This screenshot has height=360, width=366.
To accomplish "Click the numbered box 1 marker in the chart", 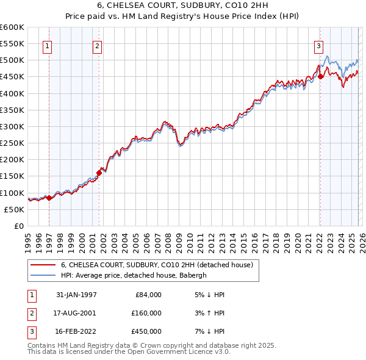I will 48,45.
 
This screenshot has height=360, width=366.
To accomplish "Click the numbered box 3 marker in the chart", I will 318,45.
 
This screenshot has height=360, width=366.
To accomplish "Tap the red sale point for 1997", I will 49,198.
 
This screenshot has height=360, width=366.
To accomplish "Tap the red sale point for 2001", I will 98,173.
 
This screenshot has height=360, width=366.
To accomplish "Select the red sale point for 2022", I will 320,77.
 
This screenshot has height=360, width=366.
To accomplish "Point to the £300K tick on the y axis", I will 12,127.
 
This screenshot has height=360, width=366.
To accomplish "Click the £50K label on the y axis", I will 15,209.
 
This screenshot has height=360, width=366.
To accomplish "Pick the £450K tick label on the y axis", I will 12,77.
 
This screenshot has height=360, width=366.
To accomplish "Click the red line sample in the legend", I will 43,265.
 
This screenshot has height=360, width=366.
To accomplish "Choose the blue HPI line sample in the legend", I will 43,275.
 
